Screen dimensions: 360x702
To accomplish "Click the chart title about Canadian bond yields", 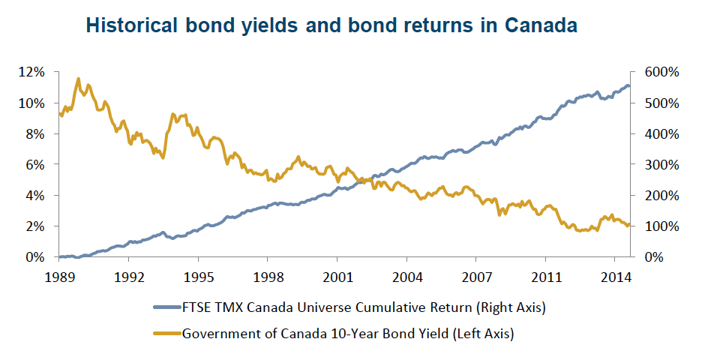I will coord(331,25).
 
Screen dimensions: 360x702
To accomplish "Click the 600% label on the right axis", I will coord(660,72).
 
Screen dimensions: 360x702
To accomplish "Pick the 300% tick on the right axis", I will coord(660,164).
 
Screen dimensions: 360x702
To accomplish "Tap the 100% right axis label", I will coord(660,226).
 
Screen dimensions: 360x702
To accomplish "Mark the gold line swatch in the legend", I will coord(166,333).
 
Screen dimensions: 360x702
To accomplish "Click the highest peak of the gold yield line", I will coord(78,78).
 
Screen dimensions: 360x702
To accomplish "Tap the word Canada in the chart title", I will coord(541,25).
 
